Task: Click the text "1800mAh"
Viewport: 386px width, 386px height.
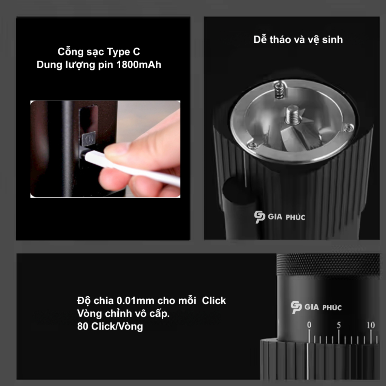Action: coord(139,64)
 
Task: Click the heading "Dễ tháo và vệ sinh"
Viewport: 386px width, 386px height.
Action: coord(298,40)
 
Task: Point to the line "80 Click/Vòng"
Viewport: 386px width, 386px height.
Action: coord(110,326)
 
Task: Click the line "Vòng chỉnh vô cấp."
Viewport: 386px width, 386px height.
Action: coord(123,314)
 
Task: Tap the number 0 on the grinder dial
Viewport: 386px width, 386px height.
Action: coord(309,325)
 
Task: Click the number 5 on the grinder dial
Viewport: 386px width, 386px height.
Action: coord(339,325)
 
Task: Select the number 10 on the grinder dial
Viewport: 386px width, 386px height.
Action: coord(371,325)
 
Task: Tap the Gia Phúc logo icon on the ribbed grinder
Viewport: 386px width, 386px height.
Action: coord(259,217)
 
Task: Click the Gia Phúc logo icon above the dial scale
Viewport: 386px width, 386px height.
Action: coord(296,307)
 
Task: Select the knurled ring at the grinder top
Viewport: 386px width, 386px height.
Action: coord(328,264)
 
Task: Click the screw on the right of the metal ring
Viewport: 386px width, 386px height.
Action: coord(349,127)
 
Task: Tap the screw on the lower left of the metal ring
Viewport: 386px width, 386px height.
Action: coord(251,145)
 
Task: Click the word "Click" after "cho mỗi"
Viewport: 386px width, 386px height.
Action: coord(214,300)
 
